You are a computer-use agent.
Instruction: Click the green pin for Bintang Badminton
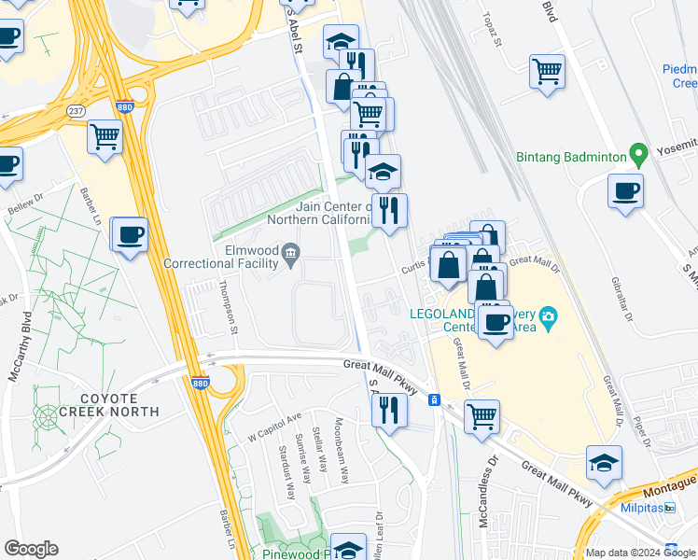coord(638,153)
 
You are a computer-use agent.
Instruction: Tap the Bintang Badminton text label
coord(571,158)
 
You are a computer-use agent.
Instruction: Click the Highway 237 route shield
coord(77,111)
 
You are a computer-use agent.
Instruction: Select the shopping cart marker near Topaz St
coord(547,71)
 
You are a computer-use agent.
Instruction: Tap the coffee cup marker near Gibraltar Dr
coord(625,190)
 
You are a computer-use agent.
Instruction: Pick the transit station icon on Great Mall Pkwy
coord(434,400)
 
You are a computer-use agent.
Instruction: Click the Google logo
coord(31,549)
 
